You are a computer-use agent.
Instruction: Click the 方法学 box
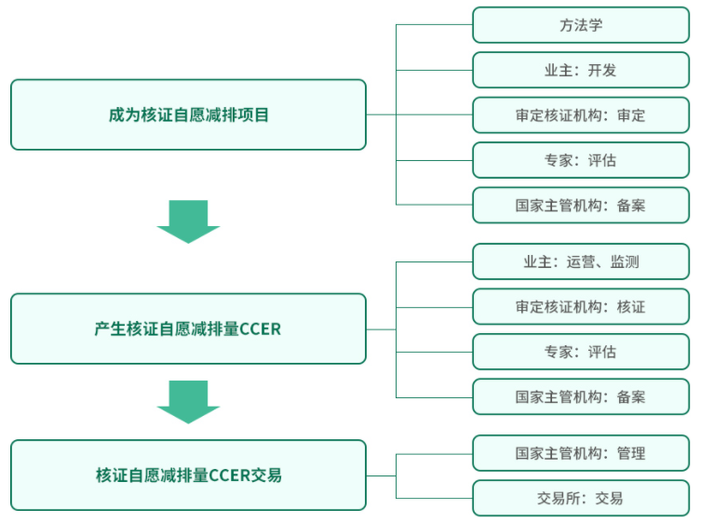[x=581, y=25]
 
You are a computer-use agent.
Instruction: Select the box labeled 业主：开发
[x=581, y=70]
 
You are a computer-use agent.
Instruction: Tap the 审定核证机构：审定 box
[x=581, y=115]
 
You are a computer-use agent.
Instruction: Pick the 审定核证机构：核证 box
[x=581, y=306]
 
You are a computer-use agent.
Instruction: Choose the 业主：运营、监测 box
[x=581, y=261]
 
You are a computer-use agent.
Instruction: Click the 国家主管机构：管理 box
[x=581, y=453]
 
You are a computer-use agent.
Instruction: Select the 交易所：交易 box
[x=581, y=498]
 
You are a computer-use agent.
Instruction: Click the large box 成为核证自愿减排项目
[x=188, y=114]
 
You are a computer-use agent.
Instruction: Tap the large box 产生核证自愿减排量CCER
[x=188, y=329]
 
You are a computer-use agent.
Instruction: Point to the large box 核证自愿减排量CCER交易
[x=188, y=475]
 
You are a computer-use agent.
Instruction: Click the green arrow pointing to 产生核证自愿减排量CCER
[x=188, y=222]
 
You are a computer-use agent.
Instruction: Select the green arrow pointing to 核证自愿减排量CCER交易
[x=188, y=402]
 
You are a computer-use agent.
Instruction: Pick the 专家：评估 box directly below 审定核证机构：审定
[x=581, y=160]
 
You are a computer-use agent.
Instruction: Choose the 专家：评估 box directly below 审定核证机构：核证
[x=581, y=352]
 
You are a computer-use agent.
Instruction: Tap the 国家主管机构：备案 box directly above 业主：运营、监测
[x=581, y=205]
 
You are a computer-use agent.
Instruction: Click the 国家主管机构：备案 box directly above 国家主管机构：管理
[x=581, y=397]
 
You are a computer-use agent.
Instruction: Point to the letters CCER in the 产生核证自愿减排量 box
[x=260, y=329]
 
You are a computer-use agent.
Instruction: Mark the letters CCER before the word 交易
[x=229, y=475]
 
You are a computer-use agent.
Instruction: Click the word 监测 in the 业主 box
[x=625, y=261]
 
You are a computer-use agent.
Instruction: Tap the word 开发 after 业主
[x=601, y=71]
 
